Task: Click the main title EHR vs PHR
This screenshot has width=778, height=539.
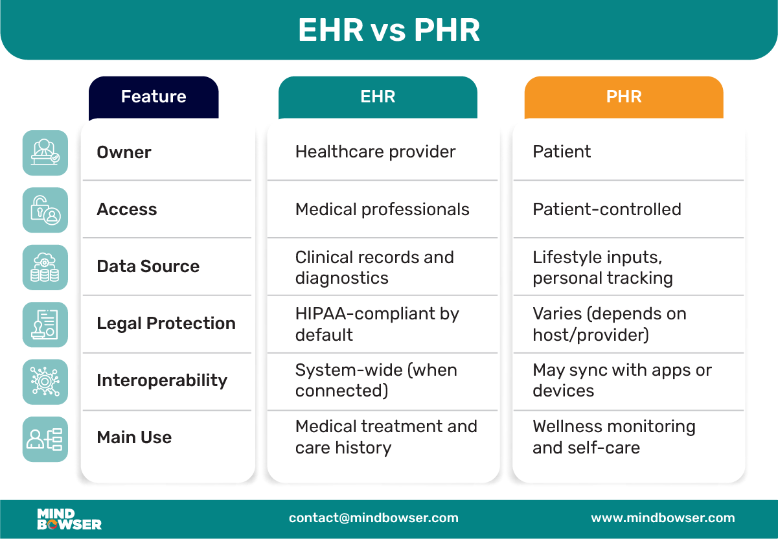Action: click(389, 30)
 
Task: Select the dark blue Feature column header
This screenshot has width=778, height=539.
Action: click(154, 97)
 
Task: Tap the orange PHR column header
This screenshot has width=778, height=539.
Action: click(623, 97)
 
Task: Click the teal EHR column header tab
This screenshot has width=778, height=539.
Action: click(378, 97)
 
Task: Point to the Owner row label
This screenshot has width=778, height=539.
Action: click(124, 152)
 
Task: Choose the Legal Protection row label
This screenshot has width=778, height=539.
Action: click(166, 323)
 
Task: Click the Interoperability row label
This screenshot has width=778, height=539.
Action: click(162, 380)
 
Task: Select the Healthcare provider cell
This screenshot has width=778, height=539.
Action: click(375, 152)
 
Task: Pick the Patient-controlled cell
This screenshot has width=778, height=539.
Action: click(606, 209)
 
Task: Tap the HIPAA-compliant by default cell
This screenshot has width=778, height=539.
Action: click(377, 324)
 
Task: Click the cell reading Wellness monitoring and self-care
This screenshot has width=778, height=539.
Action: click(613, 437)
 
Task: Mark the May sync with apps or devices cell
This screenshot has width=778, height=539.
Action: click(622, 380)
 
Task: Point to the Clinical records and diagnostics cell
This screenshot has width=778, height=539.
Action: click(374, 267)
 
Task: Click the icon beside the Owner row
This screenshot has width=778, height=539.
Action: click(45, 152)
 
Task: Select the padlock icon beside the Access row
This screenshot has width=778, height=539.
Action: click(45, 210)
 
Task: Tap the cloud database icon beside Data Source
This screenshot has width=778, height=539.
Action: click(45, 267)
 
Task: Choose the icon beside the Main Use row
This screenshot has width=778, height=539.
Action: click(45, 439)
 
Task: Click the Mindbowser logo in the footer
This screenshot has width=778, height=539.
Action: click(69, 519)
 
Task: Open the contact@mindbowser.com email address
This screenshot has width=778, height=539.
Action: click(374, 518)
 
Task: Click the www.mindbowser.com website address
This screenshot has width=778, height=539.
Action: click(663, 518)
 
